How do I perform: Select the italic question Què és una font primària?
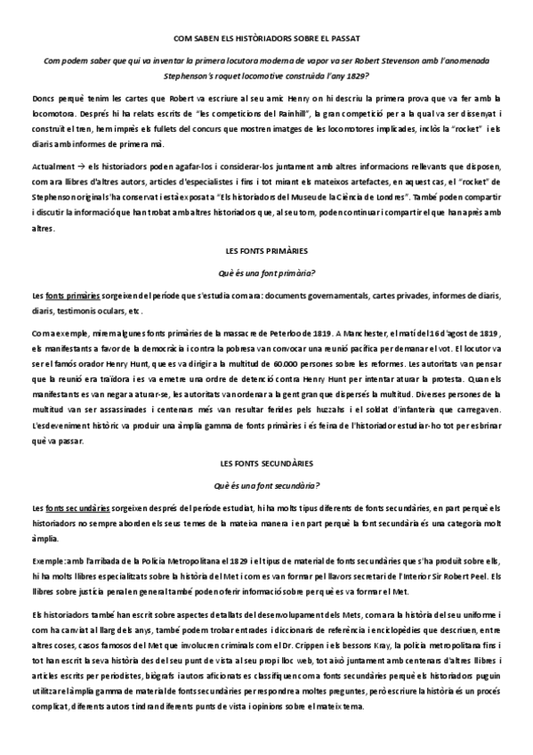coord(267,272)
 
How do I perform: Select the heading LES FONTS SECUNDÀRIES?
coord(267,465)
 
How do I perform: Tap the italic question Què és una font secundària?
coord(267,485)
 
